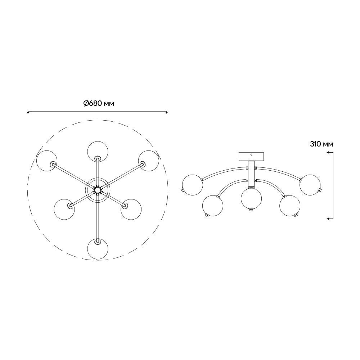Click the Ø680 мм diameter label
pos(99,104)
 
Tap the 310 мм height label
pos(321,144)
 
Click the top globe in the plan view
pos(98,152)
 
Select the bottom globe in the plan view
pos(98,249)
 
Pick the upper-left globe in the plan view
pos(47,161)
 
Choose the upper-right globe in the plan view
pos(149,161)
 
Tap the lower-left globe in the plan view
pos(64,209)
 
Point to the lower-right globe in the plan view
pos(131,209)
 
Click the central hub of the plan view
pos(98,190)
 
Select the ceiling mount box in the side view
pos(251,157)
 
